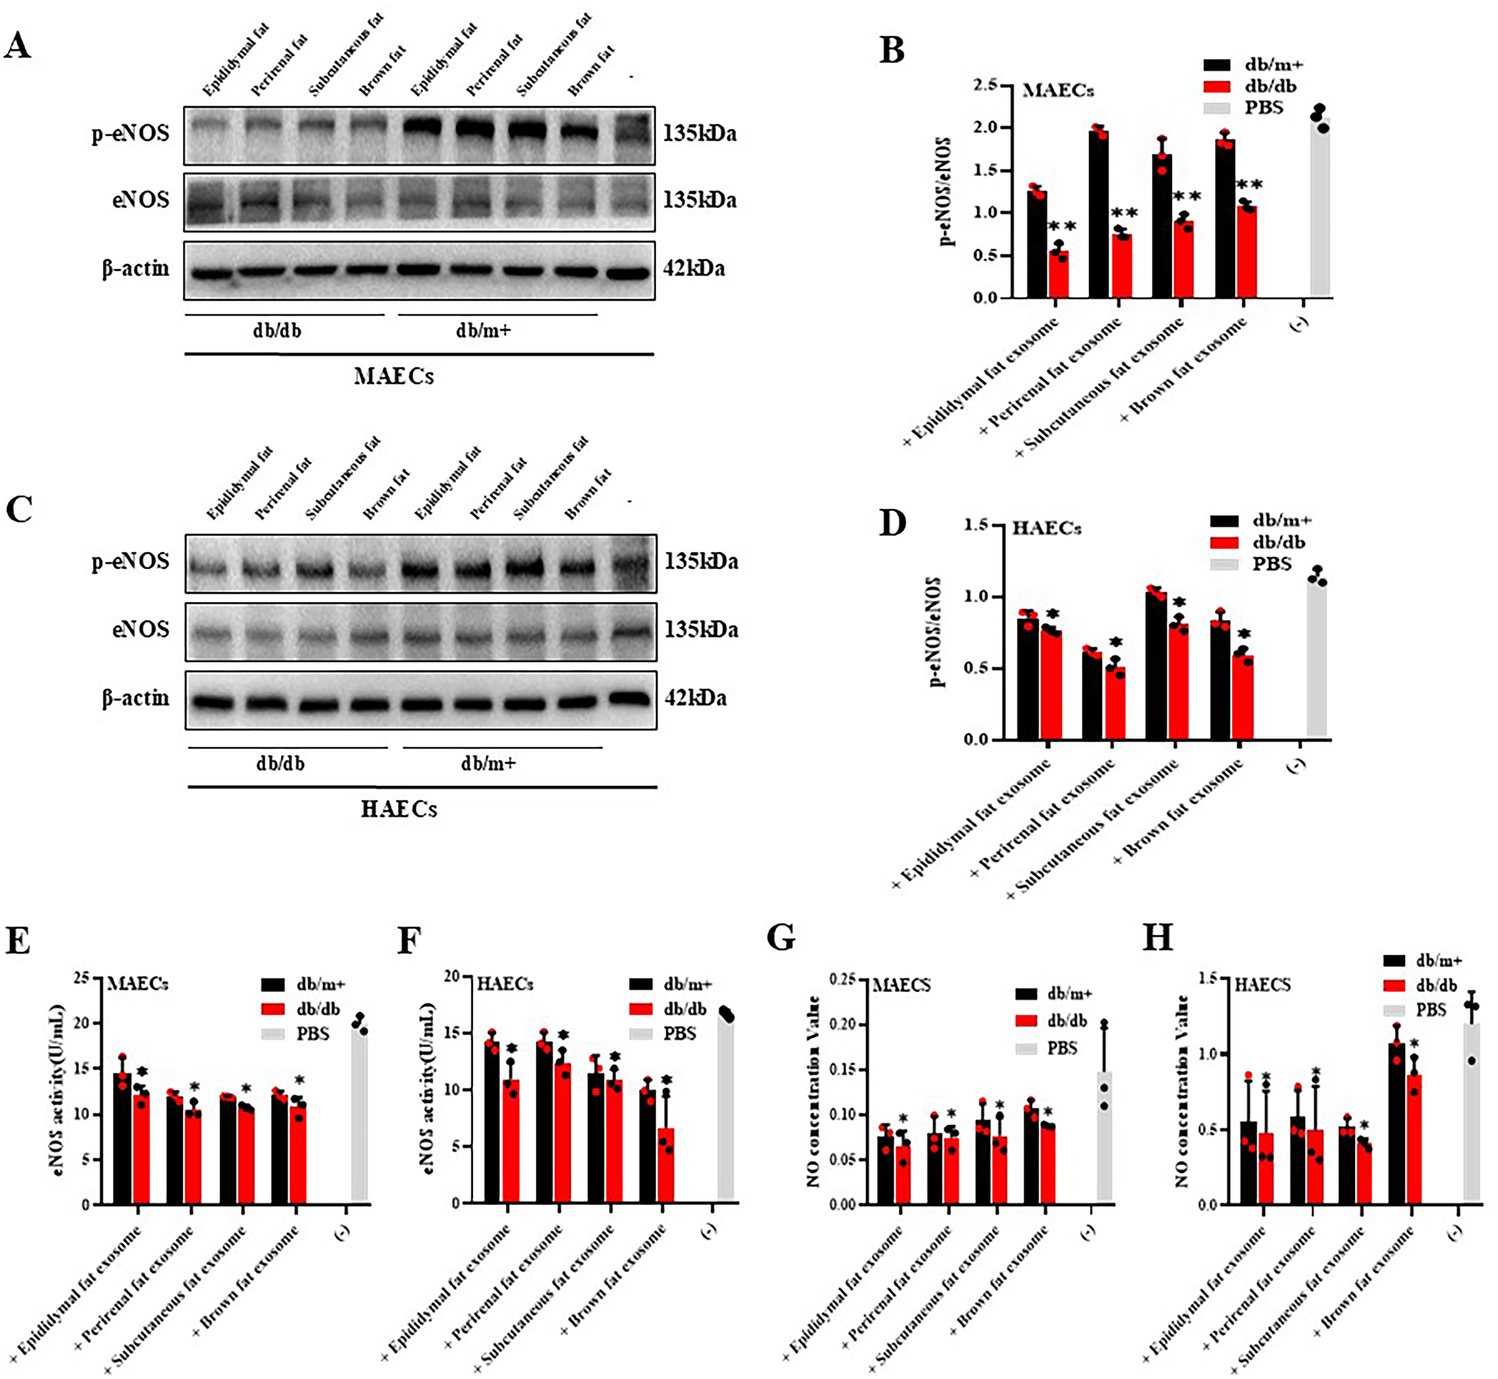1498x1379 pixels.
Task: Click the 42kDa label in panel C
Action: pyautogui.click(x=696, y=698)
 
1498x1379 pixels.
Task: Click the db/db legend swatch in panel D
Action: pyautogui.click(x=1224, y=542)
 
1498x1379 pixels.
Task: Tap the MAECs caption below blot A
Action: pyautogui.click(x=394, y=377)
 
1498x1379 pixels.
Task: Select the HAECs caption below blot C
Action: pyautogui.click(x=399, y=810)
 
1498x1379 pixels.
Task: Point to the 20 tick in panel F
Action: pyautogui.click(x=453, y=977)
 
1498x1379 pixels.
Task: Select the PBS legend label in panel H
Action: pyautogui.click(x=1431, y=1010)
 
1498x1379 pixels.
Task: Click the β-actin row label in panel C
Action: pyautogui.click(x=135, y=698)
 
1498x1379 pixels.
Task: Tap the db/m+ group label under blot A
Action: pyautogui.click(x=483, y=331)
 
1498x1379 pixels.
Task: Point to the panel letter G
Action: pyautogui.click(x=781, y=939)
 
